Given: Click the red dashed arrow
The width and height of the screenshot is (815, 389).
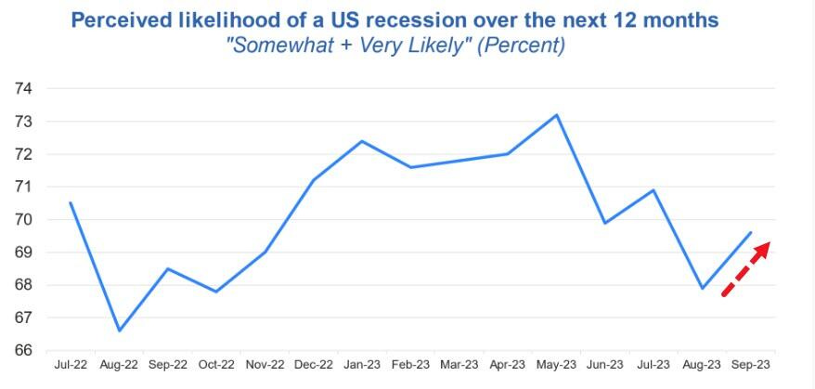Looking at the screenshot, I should pos(746,269).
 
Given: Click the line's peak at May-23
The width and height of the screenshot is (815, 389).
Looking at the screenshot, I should pos(555,115).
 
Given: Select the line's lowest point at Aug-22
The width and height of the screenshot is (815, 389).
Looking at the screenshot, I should pos(120,331).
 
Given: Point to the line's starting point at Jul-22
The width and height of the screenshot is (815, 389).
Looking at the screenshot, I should pos(71,202).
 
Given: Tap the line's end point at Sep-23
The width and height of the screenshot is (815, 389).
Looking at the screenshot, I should pos(751,232).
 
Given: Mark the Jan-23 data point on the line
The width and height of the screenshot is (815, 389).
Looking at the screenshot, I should pos(362,141).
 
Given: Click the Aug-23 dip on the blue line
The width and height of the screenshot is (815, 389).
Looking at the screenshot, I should pos(703,288).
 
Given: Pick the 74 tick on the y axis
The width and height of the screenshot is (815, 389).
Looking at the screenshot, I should pos(24,88).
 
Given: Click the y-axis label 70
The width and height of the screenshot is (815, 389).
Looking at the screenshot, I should pos(24,220).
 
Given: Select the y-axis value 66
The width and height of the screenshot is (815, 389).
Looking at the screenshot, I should pos(24,351).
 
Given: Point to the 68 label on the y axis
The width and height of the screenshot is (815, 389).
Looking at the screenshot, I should pos(24,285).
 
